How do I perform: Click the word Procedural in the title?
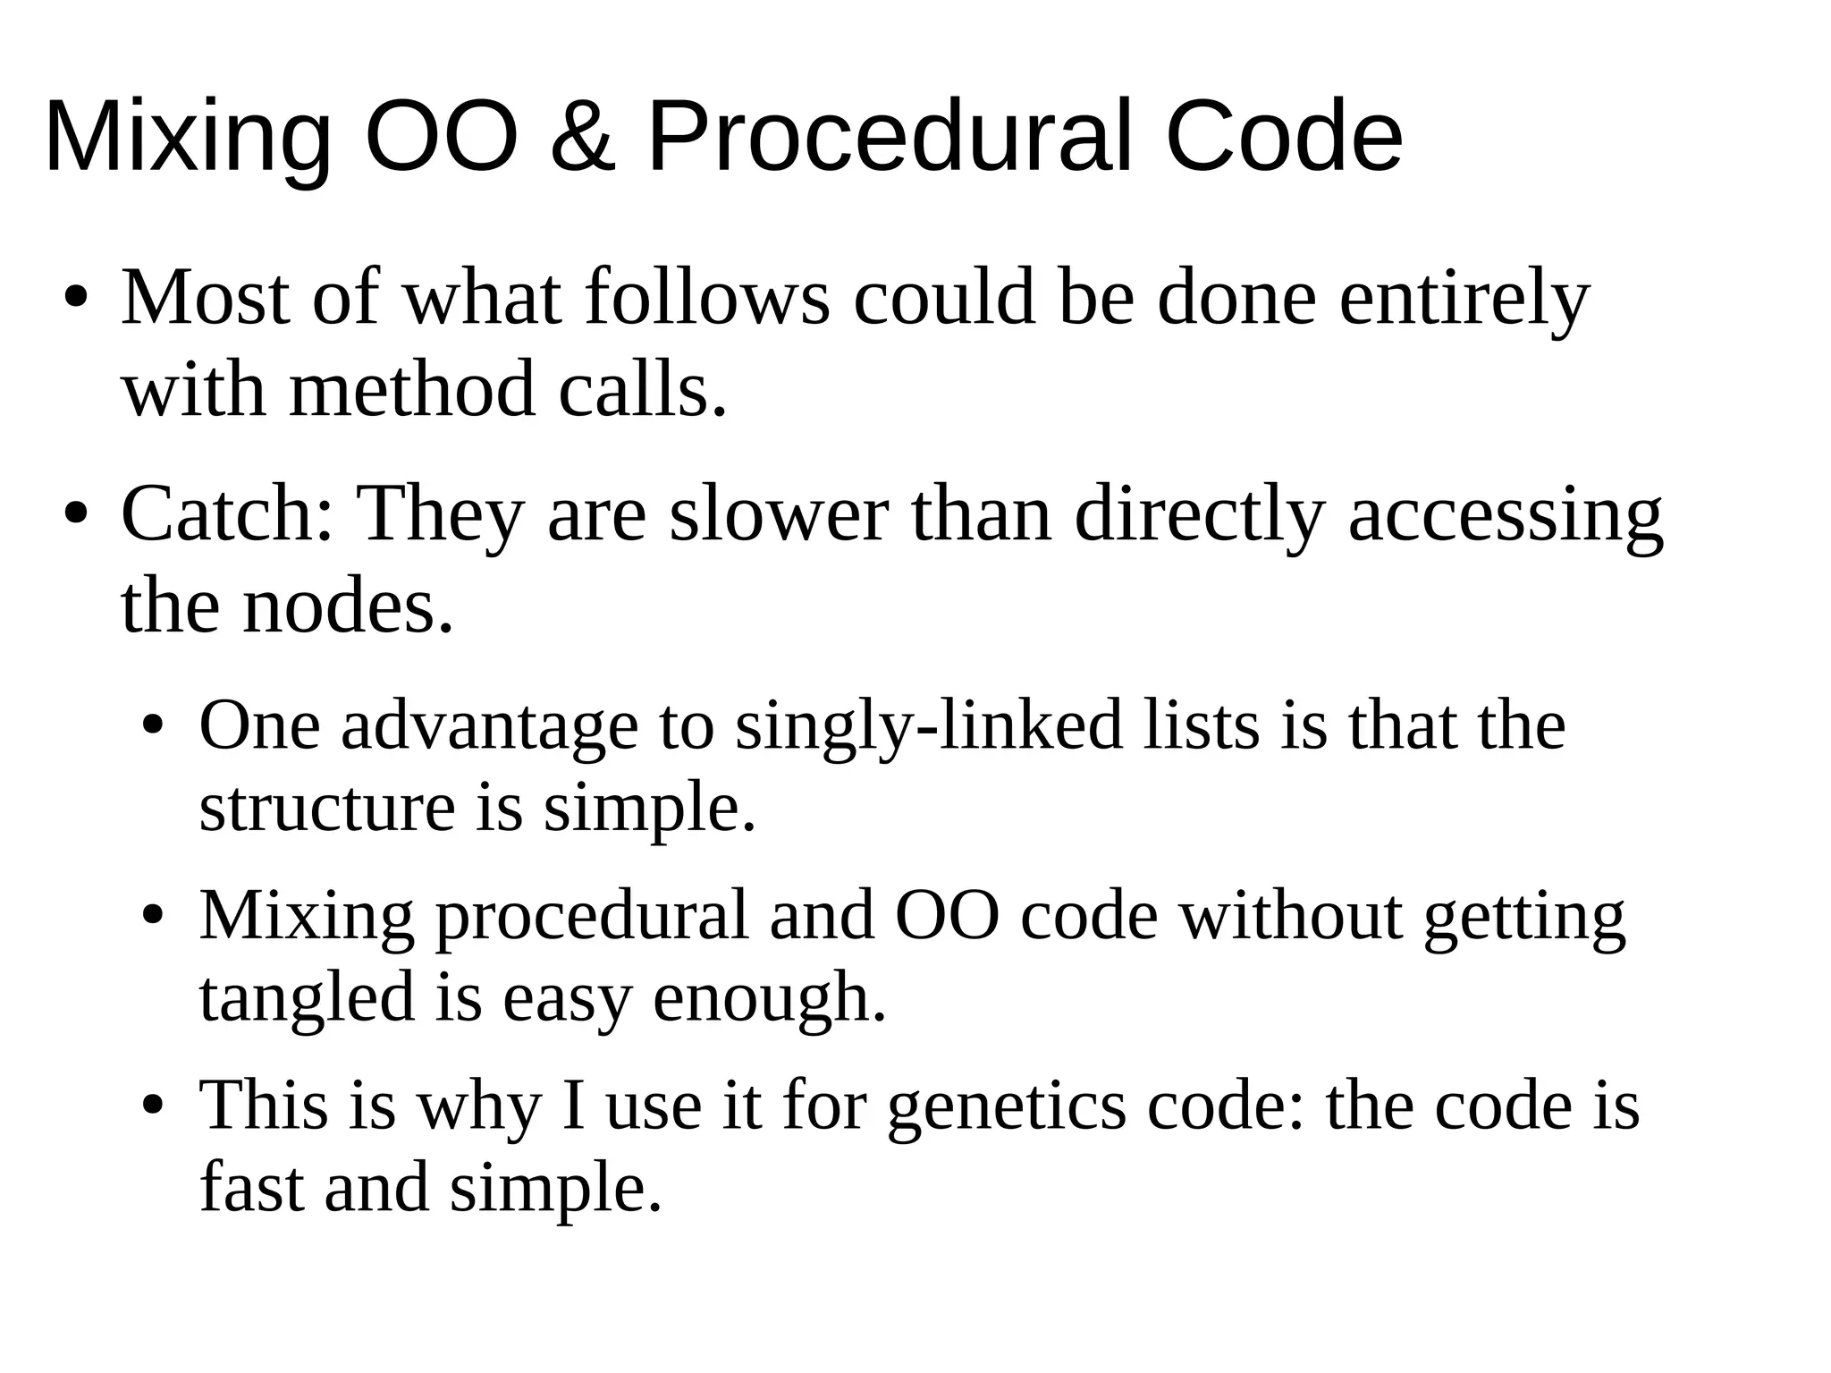click(x=893, y=137)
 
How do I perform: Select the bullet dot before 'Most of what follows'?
click(x=75, y=299)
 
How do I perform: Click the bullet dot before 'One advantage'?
click(x=154, y=726)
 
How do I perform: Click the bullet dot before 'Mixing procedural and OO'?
click(x=154, y=917)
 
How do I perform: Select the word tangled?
click(x=307, y=998)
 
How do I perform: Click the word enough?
click(x=769, y=998)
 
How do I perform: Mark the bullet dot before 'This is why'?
click(x=154, y=1107)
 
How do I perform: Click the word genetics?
click(x=1007, y=1107)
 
